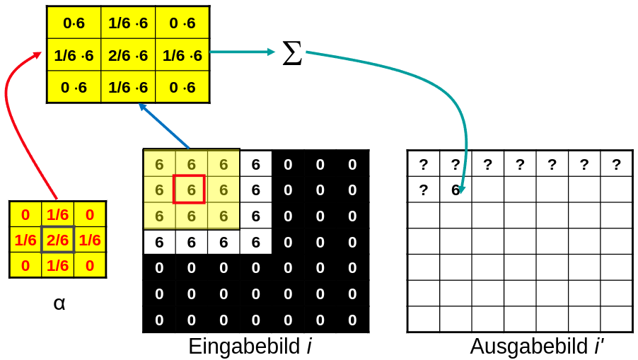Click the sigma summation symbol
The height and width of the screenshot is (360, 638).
pyautogui.click(x=292, y=53)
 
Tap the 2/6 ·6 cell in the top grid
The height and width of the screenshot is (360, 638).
pyautogui.click(x=128, y=55)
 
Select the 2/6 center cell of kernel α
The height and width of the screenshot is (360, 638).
pyautogui.click(x=57, y=240)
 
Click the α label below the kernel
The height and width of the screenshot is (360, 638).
pyautogui.click(x=59, y=303)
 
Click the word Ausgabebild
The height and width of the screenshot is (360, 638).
pyautogui.click(x=529, y=347)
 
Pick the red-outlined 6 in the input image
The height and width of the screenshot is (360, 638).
pyautogui.click(x=191, y=190)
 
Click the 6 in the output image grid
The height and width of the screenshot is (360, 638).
pyautogui.click(x=455, y=190)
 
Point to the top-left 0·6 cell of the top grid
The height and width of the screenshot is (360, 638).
pyautogui.click(x=74, y=23)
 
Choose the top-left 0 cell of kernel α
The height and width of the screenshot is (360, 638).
pyautogui.click(x=25, y=214)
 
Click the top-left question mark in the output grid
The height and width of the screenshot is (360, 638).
pyautogui.click(x=423, y=165)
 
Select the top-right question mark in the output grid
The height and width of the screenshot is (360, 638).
pyautogui.click(x=616, y=165)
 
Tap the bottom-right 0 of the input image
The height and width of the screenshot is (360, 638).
pyautogui.click(x=352, y=320)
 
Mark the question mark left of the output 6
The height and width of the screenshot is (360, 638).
pyautogui.click(x=423, y=190)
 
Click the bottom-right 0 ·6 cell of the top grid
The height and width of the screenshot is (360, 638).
pyautogui.click(x=182, y=88)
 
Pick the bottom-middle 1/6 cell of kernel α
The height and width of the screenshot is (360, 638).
pyautogui.click(x=57, y=266)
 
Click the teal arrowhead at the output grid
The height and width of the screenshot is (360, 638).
pyautogui.click(x=461, y=190)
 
